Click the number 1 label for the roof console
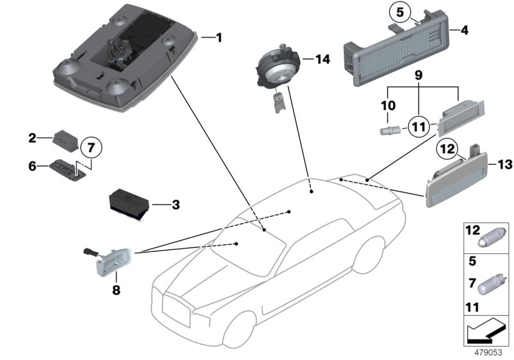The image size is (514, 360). [218, 38]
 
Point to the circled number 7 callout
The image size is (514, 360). [91, 147]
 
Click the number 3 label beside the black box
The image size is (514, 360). [175, 206]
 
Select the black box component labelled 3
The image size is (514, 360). [128, 201]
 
